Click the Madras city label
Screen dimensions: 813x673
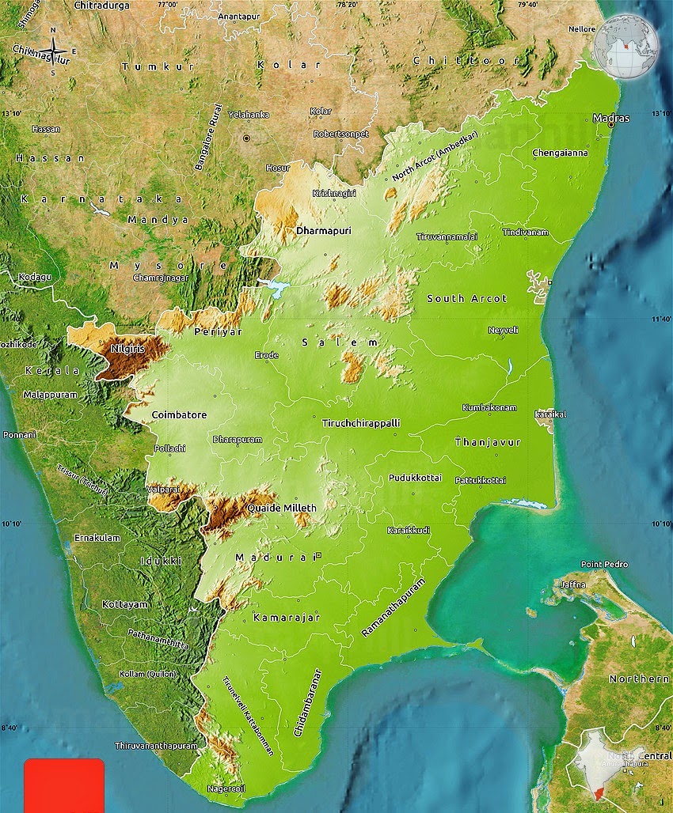coord(611,118)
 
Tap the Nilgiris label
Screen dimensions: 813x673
coord(127,348)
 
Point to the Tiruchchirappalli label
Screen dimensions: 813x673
coord(361,423)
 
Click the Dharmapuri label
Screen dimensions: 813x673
coord(323,231)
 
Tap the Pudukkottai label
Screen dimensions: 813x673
coord(415,478)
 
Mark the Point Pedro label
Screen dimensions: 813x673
coord(604,565)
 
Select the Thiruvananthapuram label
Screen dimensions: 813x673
coord(156,746)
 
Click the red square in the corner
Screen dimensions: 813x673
coord(64,785)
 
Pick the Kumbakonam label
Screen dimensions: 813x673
coord(489,408)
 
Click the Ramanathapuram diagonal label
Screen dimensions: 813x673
coord(394,608)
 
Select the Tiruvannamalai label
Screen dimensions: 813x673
coord(447,236)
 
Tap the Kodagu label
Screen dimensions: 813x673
coord(36,277)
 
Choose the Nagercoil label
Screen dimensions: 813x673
coord(226,788)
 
